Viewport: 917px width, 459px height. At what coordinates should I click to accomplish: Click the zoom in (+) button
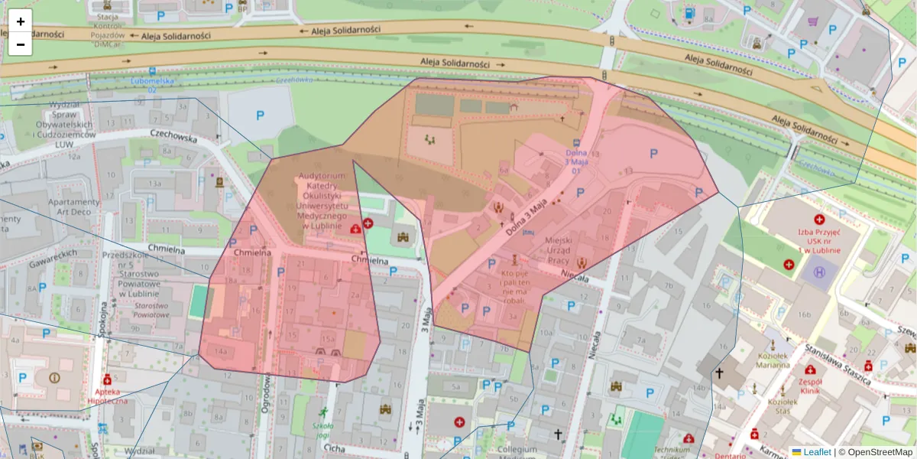21,21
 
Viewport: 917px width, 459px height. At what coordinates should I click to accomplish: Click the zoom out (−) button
21,44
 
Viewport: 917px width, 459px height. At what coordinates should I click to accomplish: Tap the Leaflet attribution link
816,452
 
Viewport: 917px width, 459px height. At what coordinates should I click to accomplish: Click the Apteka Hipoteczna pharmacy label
108,395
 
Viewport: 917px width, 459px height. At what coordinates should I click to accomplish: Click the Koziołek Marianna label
773,360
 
